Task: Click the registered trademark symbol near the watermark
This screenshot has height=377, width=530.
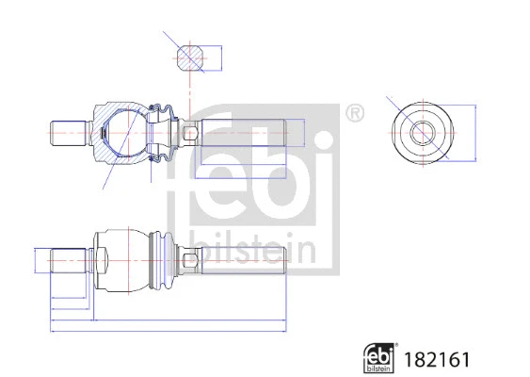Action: tap(355, 113)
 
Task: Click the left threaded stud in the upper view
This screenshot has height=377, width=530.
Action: tap(69, 132)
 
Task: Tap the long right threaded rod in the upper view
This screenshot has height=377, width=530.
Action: tap(240, 132)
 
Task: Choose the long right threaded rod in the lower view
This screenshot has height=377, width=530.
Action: tap(240, 259)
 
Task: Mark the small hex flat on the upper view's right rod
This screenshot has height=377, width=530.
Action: tap(190, 132)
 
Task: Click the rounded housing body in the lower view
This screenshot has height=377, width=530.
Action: tap(120, 259)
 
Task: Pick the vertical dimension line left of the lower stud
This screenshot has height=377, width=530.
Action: tap(35, 260)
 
